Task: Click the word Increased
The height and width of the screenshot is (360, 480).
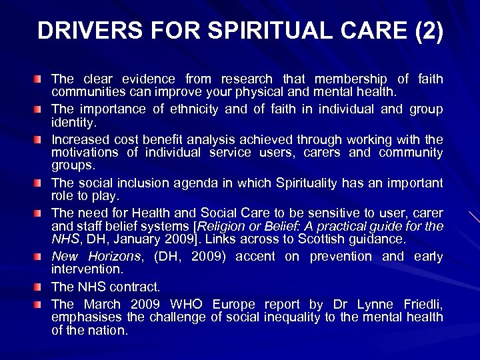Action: tap(78, 141)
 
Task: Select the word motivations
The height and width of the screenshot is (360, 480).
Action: tap(86, 153)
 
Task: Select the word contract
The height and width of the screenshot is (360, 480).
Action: tap(137, 287)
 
